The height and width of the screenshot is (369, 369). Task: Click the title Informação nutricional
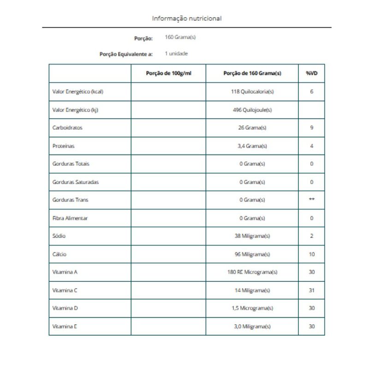pyautogui.click(x=187, y=18)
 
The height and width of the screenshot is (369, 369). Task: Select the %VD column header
pyautogui.click(x=312, y=73)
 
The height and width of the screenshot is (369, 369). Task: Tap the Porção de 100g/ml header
pyautogui.click(x=168, y=73)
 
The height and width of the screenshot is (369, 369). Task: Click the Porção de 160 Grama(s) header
pyautogui.click(x=252, y=73)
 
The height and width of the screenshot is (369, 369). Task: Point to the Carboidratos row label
pyautogui.click(x=67, y=128)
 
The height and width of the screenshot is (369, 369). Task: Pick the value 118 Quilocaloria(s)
pyautogui.click(x=252, y=91)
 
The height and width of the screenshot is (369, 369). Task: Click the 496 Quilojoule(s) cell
pyautogui.click(x=252, y=110)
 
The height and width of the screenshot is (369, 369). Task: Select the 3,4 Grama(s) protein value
pyautogui.click(x=252, y=146)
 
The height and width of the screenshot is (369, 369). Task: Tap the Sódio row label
pyautogui.click(x=60, y=236)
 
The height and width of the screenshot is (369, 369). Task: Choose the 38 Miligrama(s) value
pyautogui.click(x=252, y=236)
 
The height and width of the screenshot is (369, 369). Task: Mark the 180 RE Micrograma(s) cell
pyautogui.click(x=252, y=272)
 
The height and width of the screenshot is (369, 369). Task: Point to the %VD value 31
pyautogui.click(x=312, y=290)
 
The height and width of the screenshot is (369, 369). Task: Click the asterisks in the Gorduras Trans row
pyautogui.click(x=312, y=200)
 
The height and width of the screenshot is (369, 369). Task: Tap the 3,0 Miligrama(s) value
pyautogui.click(x=252, y=326)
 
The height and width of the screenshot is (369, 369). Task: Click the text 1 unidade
pyautogui.click(x=176, y=54)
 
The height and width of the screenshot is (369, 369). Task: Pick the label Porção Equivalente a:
pyautogui.click(x=126, y=54)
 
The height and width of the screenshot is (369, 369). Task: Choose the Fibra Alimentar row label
pyautogui.click(x=70, y=218)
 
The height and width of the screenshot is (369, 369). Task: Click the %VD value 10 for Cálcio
pyautogui.click(x=312, y=254)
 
